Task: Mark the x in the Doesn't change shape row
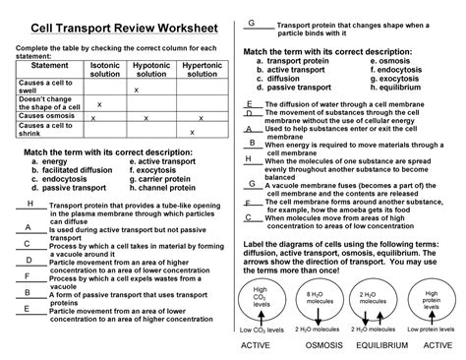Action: (100, 102)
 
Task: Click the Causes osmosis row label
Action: (45, 115)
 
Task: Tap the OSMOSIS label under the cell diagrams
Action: (319, 345)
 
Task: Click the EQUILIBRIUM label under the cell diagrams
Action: (373, 345)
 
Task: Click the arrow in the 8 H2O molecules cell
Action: (316, 313)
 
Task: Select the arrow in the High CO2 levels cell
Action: (260, 313)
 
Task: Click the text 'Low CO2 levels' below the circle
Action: (262, 329)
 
